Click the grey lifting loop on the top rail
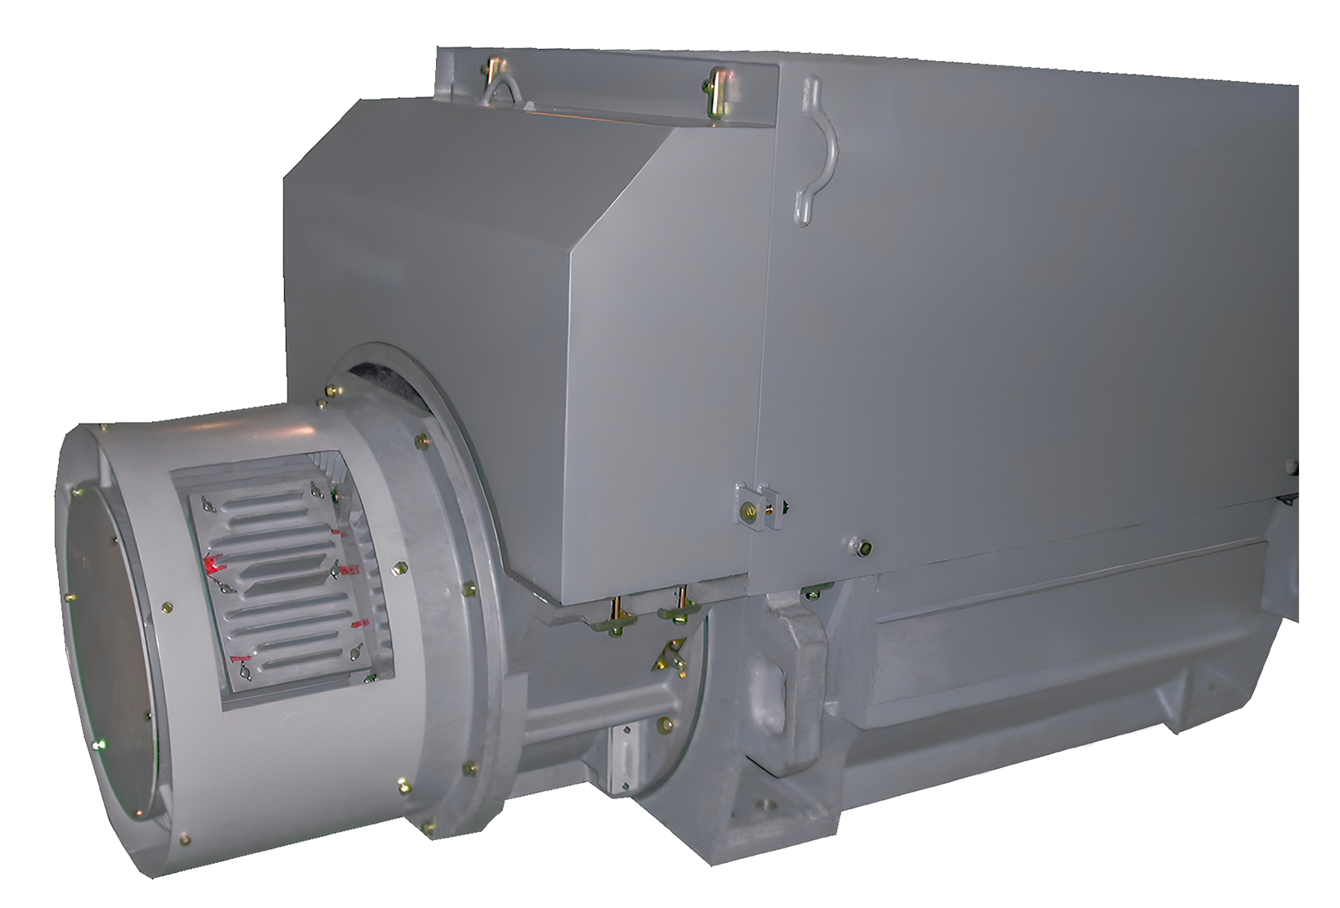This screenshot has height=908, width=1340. (x=501, y=85)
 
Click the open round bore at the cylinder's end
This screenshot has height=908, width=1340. (x=106, y=646)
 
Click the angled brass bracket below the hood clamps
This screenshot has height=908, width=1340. (x=672, y=654)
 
